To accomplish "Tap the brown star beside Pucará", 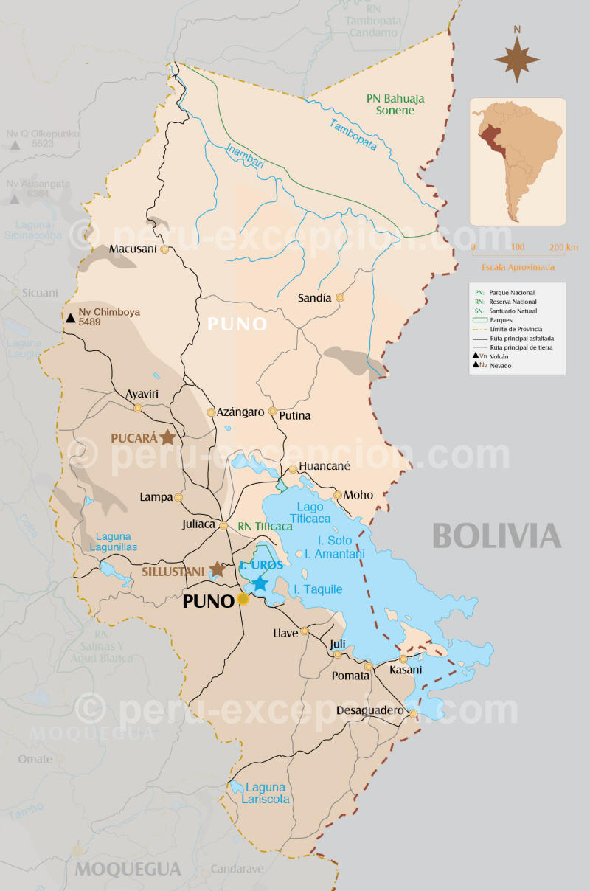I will (x=168, y=437).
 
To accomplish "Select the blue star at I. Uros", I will (x=260, y=583).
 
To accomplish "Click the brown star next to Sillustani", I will (x=217, y=569).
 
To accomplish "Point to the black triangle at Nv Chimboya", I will (x=70, y=318).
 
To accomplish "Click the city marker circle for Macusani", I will (x=164, y=249).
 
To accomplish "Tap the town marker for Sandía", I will (x=340, y=298).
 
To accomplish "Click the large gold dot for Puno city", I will (x=243, y=600).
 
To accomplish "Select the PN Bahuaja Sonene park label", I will (x=395, y=104).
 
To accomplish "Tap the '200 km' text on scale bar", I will (x=563, y=246).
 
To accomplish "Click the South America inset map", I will (x=518, y=162).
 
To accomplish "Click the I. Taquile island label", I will (x=318, y=589).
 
